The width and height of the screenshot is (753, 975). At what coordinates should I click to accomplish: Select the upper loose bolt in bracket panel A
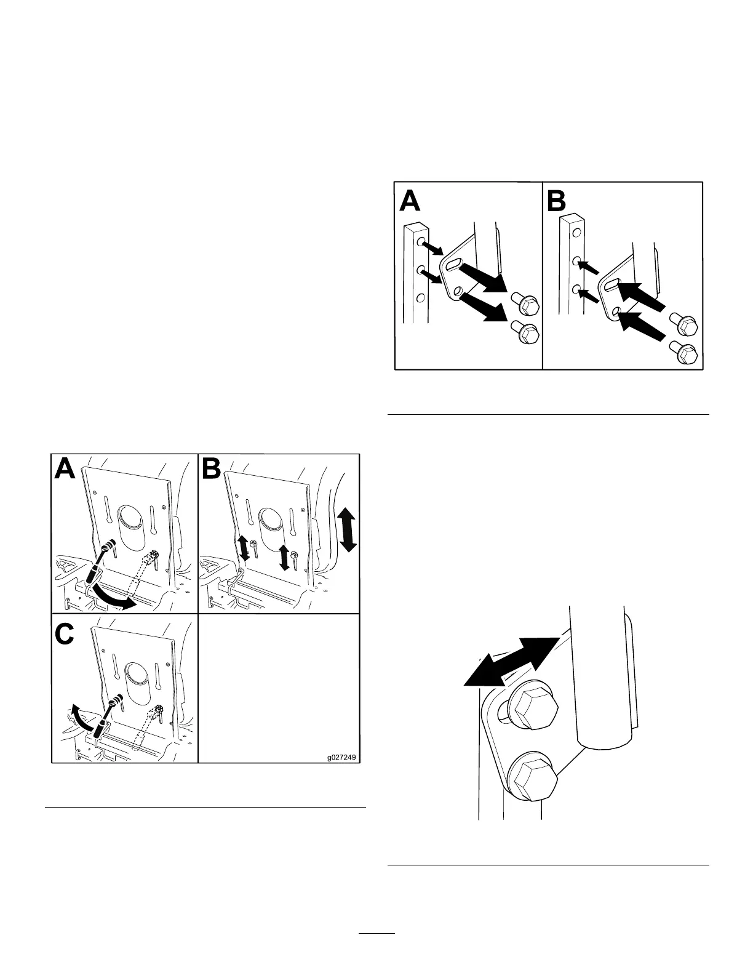pos(525,304)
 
